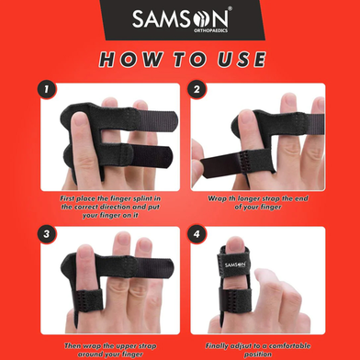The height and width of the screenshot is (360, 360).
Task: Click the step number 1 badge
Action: (x=47, y=90)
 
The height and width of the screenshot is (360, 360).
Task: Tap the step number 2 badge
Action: (x=197, y=90)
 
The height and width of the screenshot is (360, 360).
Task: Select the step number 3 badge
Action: (x=47, y=235)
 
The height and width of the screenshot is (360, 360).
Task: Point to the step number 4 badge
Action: (x=197, y=235)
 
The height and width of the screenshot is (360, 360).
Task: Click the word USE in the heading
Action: (x=242, y=60)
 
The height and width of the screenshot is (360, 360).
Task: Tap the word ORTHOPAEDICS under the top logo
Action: (x=210, y=30)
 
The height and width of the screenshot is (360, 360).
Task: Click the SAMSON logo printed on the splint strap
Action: (x=235, y=264)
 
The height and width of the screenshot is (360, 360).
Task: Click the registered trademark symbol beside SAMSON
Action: (x=230, y=9)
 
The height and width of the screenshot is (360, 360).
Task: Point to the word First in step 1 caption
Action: (x=67, y=198)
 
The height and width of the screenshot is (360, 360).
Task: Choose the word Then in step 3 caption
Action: (x=72, y=346)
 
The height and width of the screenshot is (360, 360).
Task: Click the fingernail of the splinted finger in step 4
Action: (x=235, y=244)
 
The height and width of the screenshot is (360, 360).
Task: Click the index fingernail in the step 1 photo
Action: (x=80, y=119)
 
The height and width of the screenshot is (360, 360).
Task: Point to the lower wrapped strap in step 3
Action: (x=89, y=299)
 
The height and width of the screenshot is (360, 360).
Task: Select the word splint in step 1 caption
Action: (x=150, y=199)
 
